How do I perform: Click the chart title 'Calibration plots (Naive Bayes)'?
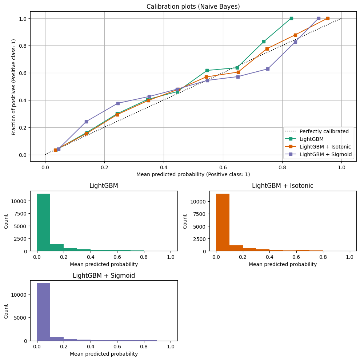193,7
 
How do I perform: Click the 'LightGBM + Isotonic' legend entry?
325,147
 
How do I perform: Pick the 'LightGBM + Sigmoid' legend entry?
326,154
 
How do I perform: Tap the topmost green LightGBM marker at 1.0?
291,18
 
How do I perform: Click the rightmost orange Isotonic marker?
328,18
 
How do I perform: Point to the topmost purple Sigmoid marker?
319,18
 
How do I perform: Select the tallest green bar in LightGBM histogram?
44,222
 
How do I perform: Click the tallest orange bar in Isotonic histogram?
223,222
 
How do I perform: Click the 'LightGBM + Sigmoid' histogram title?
104,276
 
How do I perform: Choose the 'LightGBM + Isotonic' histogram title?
283,186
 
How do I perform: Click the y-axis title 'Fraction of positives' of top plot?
14,86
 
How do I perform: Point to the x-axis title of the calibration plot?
193,174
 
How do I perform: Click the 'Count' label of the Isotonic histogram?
185,221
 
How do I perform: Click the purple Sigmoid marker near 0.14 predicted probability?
86,122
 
